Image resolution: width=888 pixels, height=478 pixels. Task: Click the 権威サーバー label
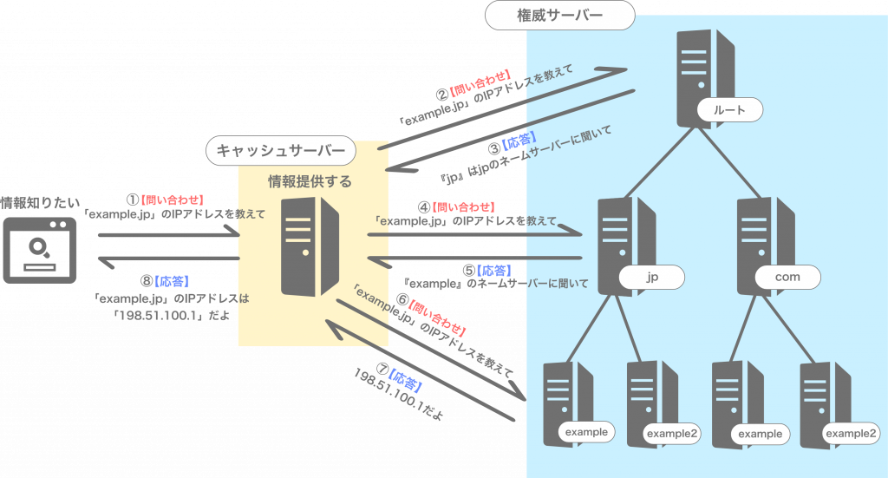(559, 15)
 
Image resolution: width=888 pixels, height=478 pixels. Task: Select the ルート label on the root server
(729, 109)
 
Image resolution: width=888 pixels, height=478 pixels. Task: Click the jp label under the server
(652, 278)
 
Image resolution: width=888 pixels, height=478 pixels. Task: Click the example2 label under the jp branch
(672, 434)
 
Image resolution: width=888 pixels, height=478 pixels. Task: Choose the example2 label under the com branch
(849, 434)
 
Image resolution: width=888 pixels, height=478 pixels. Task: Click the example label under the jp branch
(586, 431)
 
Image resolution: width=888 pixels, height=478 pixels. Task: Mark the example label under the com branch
(760, 434)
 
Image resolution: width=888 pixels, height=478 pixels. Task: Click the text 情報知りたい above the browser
(38, 202)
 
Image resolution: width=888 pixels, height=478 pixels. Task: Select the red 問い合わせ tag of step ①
(179, 199)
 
